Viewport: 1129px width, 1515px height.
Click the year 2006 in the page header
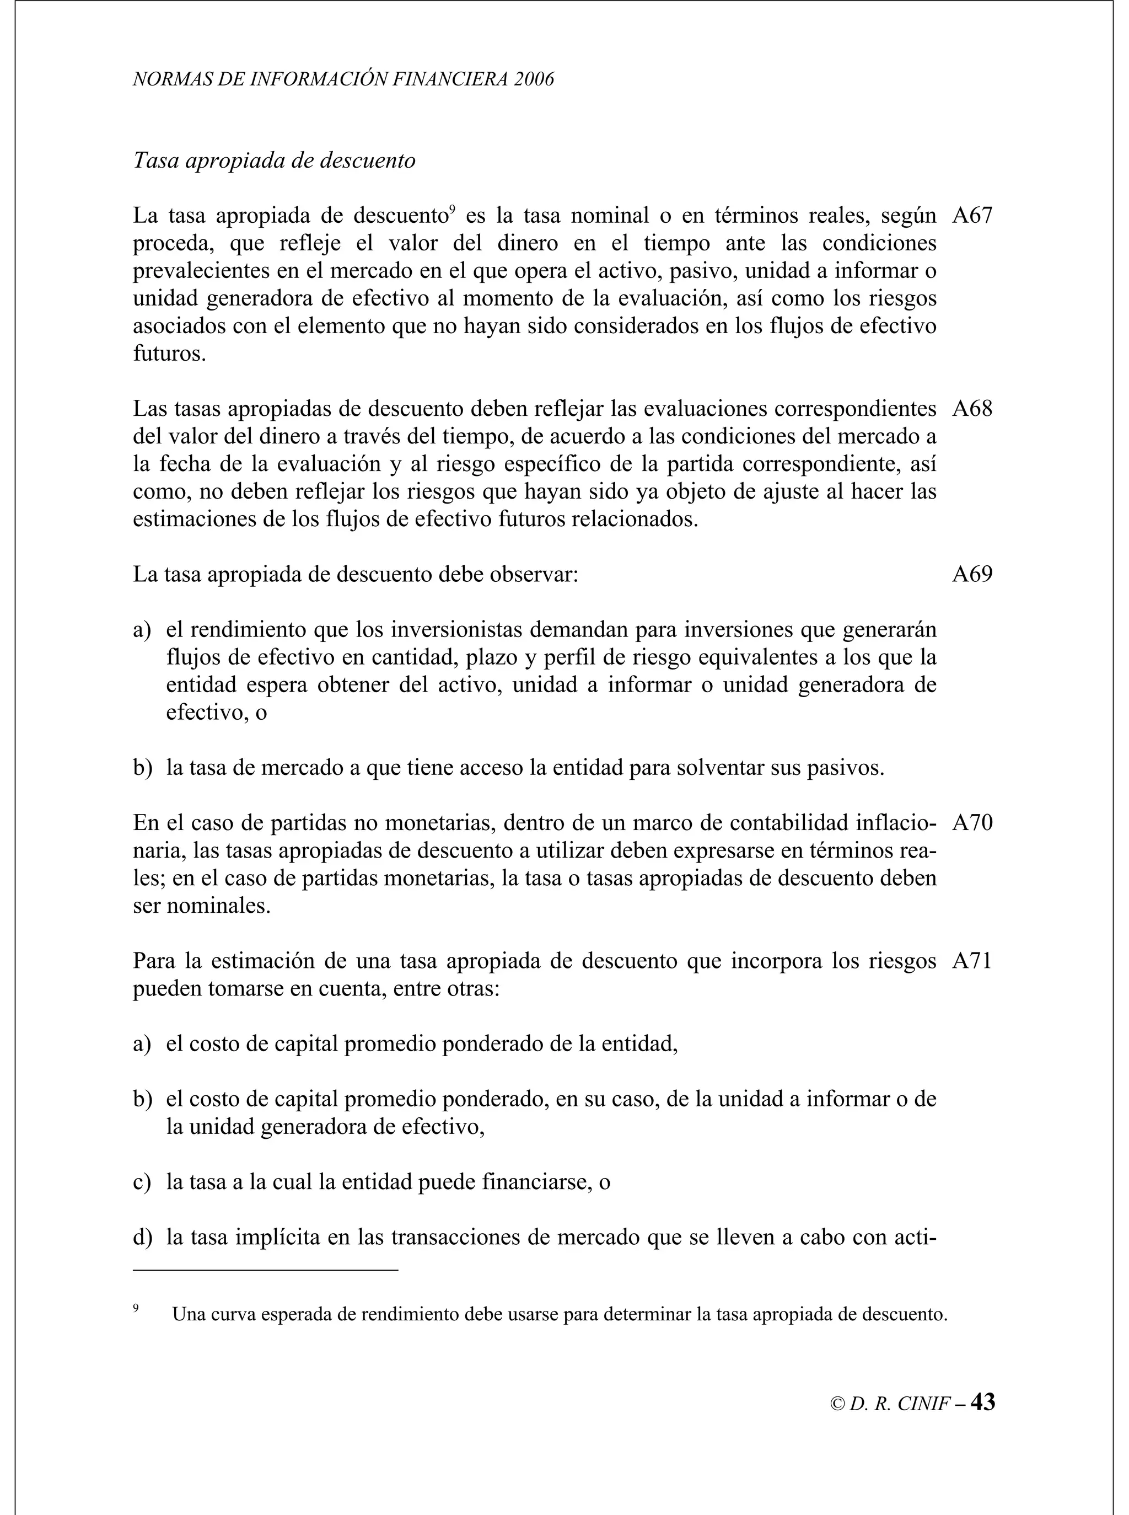[534, 79]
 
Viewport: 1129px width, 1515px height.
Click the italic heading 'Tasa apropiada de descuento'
[274, 160]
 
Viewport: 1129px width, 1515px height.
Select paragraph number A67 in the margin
[972, 216]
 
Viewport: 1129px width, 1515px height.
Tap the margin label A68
[972, 409]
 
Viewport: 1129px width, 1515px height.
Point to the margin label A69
[972, 574]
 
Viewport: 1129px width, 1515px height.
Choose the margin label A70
[972, 822]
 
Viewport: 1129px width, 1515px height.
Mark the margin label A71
[972, 961]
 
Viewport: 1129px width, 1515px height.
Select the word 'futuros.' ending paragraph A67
[169, 354]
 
